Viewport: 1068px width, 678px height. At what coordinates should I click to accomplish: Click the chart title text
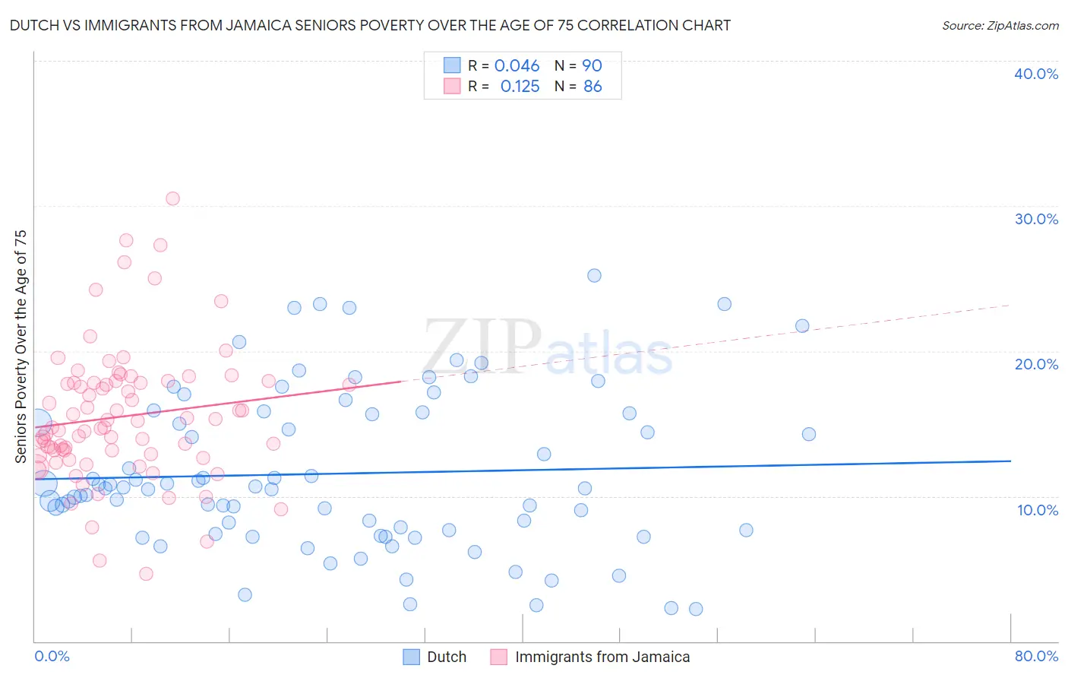click(370, 25)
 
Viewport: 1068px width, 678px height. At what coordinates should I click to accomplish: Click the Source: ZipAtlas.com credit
click(1000, 25)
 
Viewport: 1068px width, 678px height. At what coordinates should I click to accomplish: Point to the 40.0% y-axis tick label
click(1036, 74)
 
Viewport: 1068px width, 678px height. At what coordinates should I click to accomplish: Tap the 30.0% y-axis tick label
click(1036, 219)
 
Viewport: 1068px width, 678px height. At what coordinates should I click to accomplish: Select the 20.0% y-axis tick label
click(1036, 364)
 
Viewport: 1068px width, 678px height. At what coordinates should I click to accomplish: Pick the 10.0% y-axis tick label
click(1036, 510)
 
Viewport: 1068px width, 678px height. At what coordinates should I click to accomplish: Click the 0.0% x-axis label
click(52, 656)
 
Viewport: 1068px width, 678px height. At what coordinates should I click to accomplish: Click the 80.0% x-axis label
click(1036, 656)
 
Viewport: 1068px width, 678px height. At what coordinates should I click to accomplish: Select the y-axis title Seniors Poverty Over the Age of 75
click(21, 347)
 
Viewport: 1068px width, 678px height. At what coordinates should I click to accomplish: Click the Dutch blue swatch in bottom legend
click(412, 657)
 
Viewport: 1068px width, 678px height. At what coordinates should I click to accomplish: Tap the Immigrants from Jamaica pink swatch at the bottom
click(498, 657)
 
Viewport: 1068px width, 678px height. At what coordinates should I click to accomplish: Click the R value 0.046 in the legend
click(517, 66)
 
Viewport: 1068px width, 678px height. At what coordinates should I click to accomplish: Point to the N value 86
click(592, 87)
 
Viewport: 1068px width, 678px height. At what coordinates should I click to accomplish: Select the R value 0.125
click(520, 87)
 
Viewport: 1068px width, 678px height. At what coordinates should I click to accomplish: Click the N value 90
click(592, 66)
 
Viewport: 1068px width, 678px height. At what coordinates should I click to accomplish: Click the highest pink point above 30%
click(172, 198)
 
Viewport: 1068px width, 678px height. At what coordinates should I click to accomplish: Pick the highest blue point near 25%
click(594, 275)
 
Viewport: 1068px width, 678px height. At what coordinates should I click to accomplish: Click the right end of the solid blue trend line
click(1010, 461)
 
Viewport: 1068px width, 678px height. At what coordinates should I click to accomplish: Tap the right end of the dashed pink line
click(1010, 305)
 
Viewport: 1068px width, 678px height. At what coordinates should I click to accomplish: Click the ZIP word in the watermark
click(482, 347)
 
